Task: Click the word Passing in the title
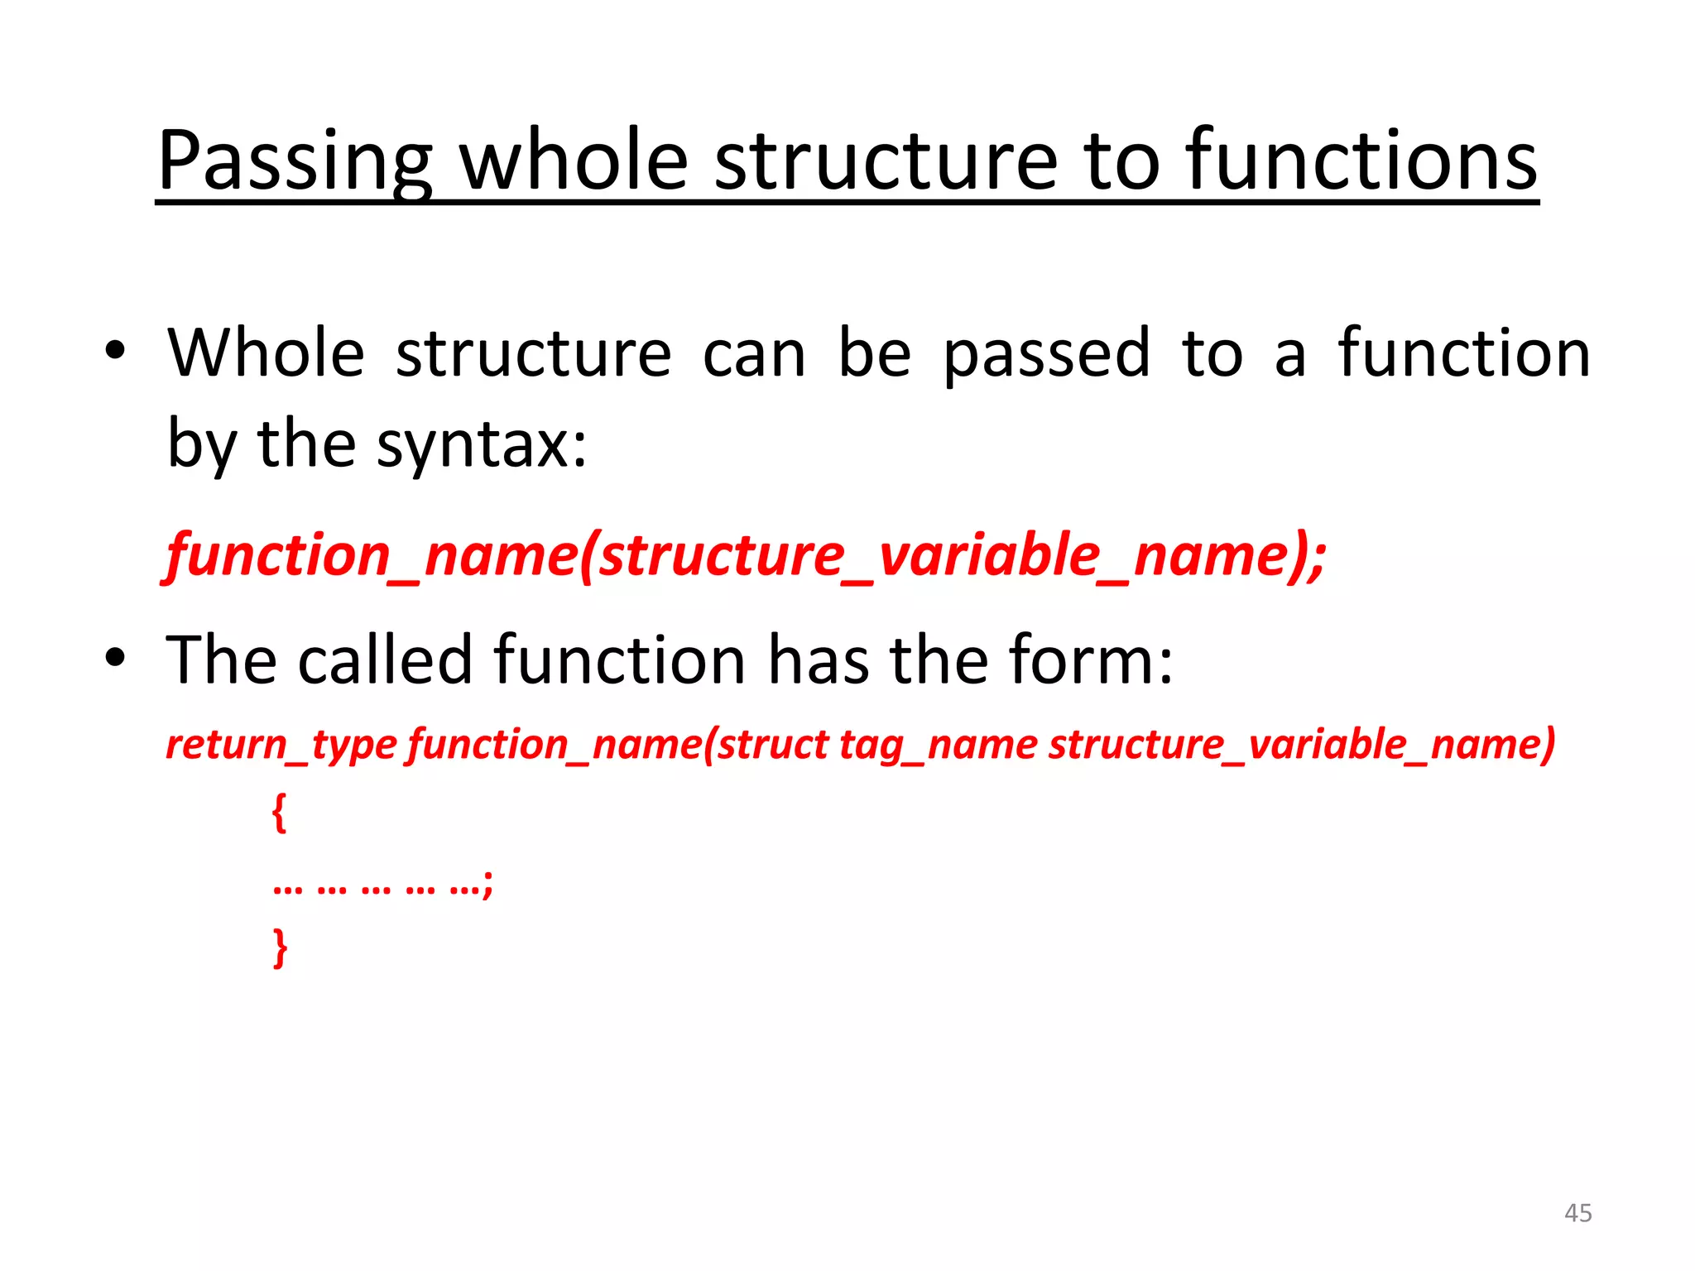pyautogui.click(x=294, y=161)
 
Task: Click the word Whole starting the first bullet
pyautogui.click(x=266, y=354)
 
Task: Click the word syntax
pyautogui.click(x=481, y=445)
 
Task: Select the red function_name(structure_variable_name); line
pyautogui.click(x=746, y=555)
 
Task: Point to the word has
pyautogui.click(x=819, y=660)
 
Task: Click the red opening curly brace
pyautogui.click(x=280, y=813)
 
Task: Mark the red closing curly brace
pyautogui.click(x=281, y=947)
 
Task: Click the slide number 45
pyautogui.click(x=1577, y=1213)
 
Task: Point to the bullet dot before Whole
pyautogui.click(x=115, y=351)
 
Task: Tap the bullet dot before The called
pyautogui.click(x=115, y=658)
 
